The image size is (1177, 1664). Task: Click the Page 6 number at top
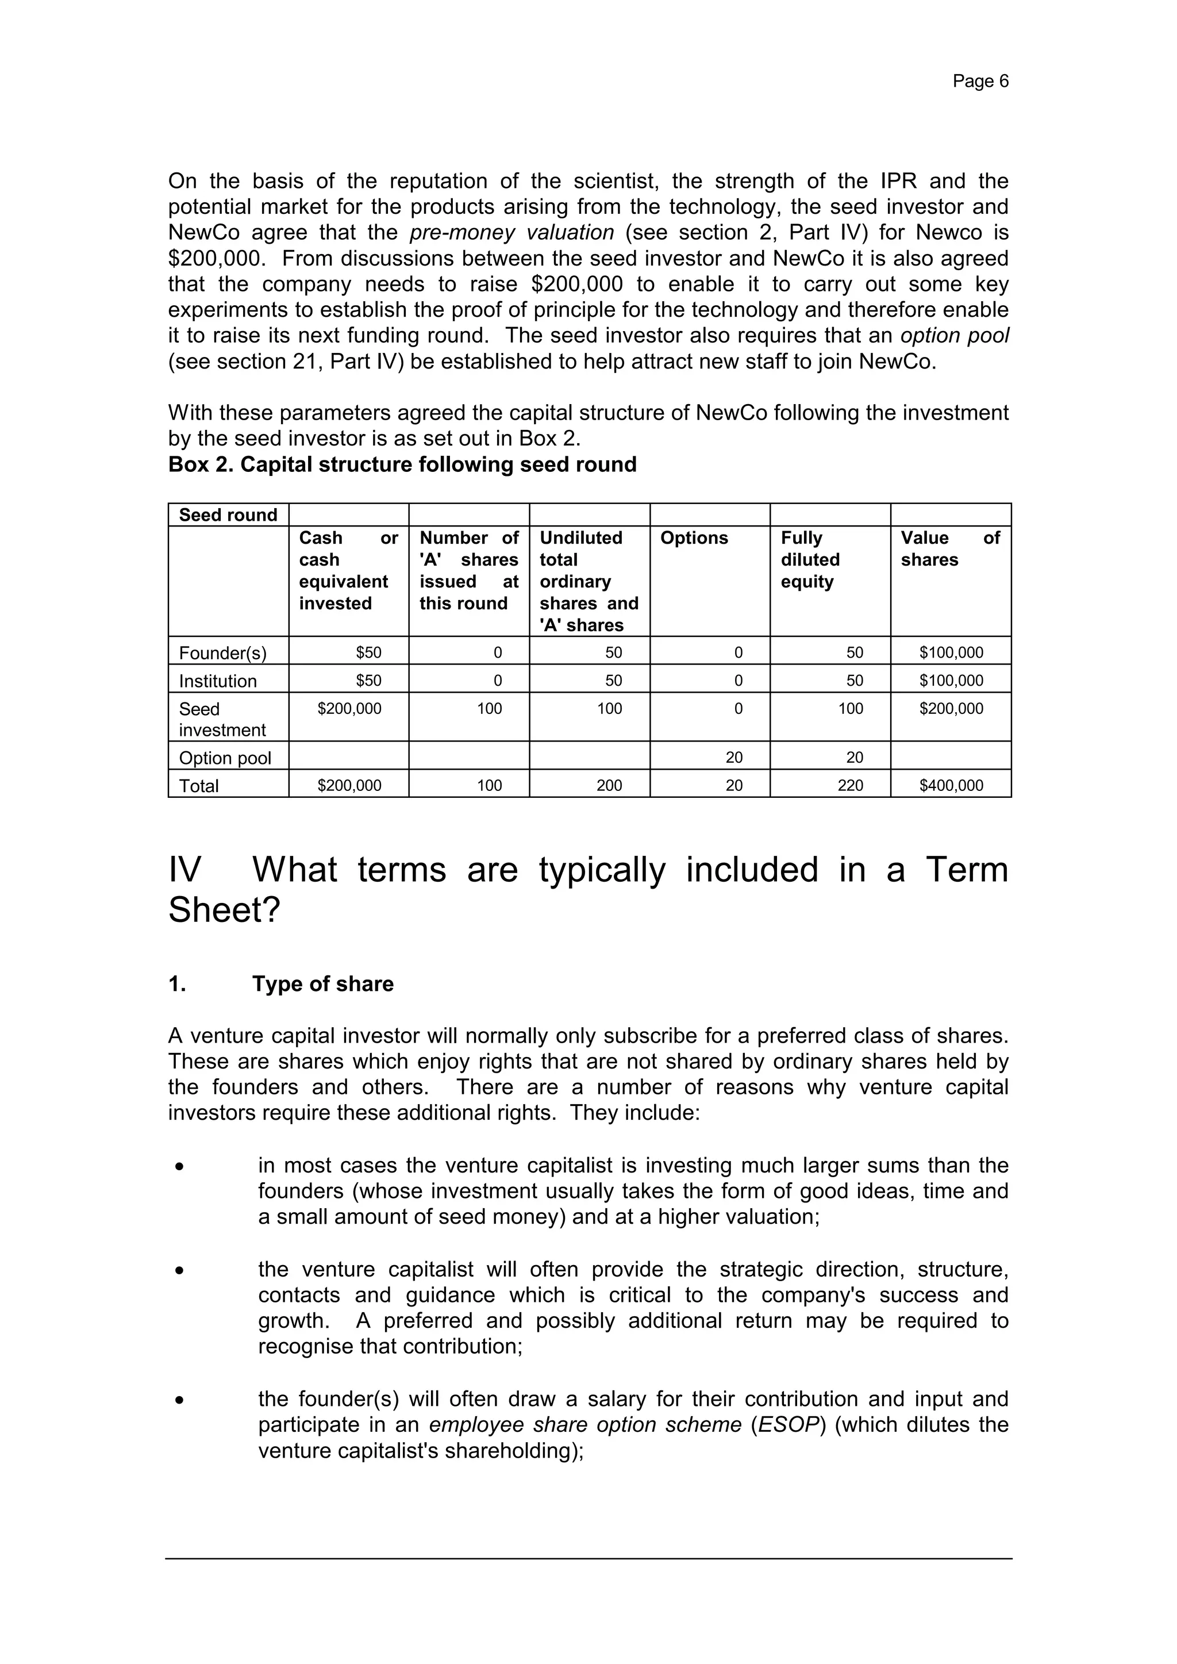(980, 81)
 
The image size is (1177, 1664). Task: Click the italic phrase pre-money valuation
(511, 233)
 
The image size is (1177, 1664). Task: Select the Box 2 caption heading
(402, 464)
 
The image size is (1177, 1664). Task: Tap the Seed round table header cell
(228, 514)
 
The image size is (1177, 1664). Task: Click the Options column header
(694, 538)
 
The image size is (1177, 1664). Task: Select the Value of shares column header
(949, 548)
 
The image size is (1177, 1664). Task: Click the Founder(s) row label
(222, 653)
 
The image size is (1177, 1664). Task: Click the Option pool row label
(225, 758)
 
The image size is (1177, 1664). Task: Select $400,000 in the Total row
(951, 786)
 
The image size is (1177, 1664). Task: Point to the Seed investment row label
(222, 719)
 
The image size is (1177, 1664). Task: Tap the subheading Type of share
(322, 984)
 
